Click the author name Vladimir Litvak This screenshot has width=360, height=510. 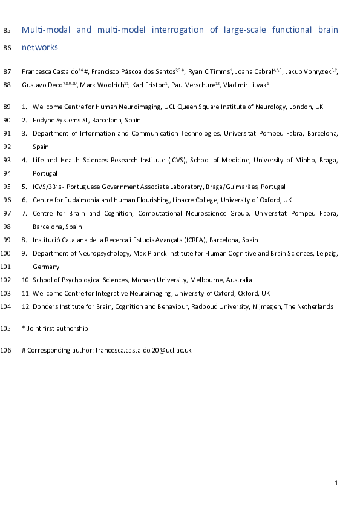246,85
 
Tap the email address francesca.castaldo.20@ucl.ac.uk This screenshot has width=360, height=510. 143,350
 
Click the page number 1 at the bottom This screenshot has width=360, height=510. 336,483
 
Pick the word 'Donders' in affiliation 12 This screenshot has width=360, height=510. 44,306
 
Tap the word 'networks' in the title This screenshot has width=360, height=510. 39,46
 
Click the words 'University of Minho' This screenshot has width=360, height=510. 283,160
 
